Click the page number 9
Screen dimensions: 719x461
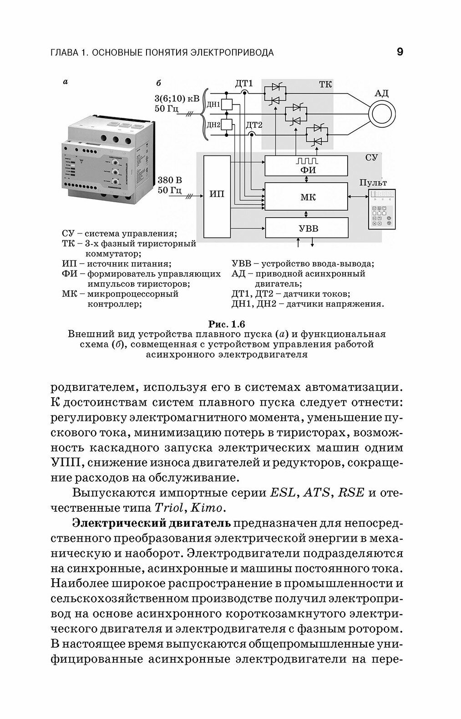(x=400, y=52)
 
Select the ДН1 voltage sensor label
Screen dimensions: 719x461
(x=213, y=105)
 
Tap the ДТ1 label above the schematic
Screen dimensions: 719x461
(x=244, y=84)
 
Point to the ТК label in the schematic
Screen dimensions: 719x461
(x=325, y=85)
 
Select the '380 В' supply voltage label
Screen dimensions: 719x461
(x=169, y=180)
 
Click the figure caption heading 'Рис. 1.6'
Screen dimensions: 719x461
(x=226, y=324)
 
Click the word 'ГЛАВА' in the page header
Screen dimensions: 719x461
(x=64, y=52)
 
